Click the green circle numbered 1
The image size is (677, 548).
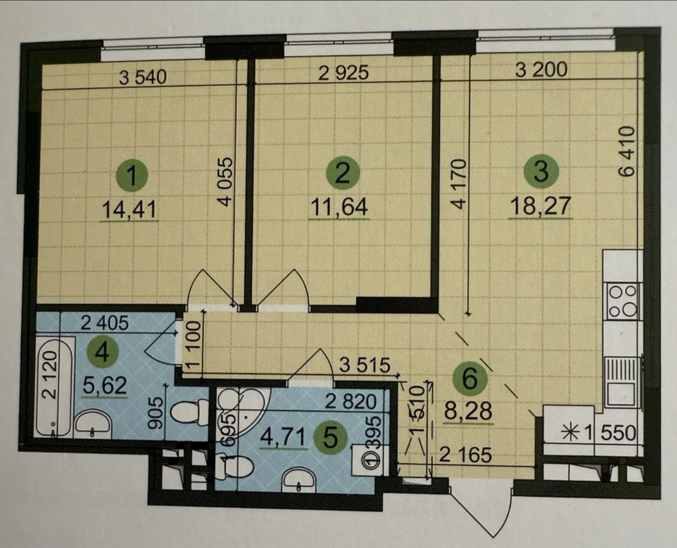[x=132, y=176]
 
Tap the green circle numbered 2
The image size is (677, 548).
[x=343, y=173]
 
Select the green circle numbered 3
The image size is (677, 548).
[x=541, y=171]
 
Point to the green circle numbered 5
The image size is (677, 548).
[x=330, y=439]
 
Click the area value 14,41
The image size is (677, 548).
[x=129, y=210]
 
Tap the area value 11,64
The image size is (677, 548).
[x=339, y=208]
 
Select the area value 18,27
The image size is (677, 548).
[x=540, y=206]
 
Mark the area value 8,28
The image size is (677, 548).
[x=468, y=411]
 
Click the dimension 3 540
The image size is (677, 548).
[x=142, y=78]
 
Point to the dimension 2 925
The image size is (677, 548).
[x=344, y=73]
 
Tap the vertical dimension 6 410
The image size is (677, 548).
[x=626, y=151]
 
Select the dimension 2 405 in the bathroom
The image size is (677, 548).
[x=106, y=323]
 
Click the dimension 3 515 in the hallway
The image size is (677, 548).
[x=365, y=365]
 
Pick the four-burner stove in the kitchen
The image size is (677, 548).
[x=622, y=300]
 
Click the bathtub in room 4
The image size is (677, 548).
[x=53, y=387]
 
